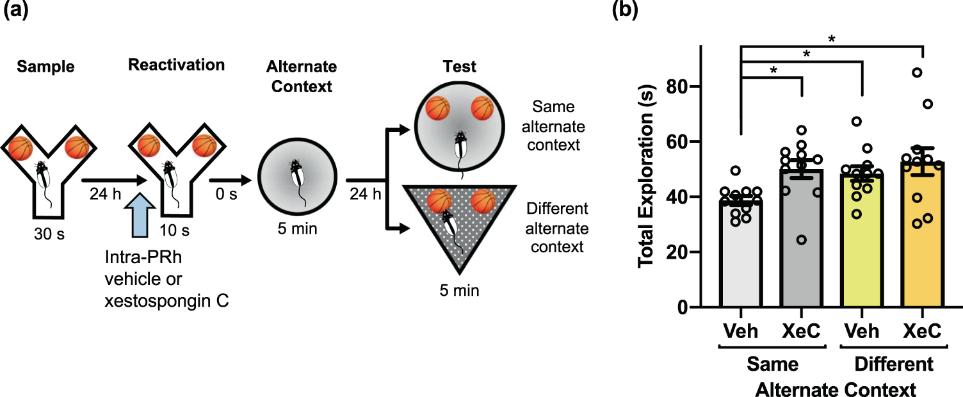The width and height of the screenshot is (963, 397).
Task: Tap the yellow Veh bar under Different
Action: point(862,256)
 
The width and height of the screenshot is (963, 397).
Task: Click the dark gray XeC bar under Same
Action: point(800,256)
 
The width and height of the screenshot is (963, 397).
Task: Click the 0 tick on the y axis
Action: point(688,308)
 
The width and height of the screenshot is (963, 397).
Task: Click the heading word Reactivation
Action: point(176,65)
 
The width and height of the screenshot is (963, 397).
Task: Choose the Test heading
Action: point(458,66)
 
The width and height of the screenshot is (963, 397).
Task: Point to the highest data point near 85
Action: point(917,72)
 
